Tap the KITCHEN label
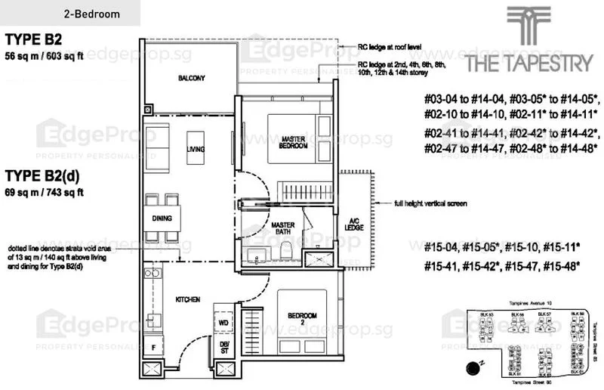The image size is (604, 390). pos(188,300)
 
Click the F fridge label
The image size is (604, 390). pos(155,348)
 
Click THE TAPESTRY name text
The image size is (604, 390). pos(528,63)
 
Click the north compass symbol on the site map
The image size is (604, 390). pos(474,367)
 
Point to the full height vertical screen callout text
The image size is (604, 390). pos(430,203)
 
